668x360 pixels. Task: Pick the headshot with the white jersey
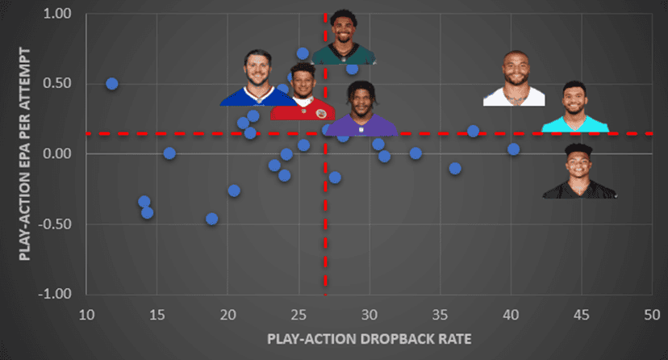[x=514, y=79]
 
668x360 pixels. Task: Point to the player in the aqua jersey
[x=574, y=107]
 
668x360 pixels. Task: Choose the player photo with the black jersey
[x=579, y=171]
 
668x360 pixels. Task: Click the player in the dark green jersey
[x=345, y=38]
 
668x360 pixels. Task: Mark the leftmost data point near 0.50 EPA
[x=112, y=84]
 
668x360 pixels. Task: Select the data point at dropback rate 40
[x=513, y=149]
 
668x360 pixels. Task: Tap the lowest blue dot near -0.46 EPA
[x=211, y=219]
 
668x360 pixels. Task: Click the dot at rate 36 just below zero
[x=455, y=169]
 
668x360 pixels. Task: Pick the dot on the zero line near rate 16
[x=169, y=153]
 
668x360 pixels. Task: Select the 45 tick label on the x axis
[x=581, y=314]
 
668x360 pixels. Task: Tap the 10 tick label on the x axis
[x=86, y=314]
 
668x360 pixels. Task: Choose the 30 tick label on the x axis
[x=369, y=314]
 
